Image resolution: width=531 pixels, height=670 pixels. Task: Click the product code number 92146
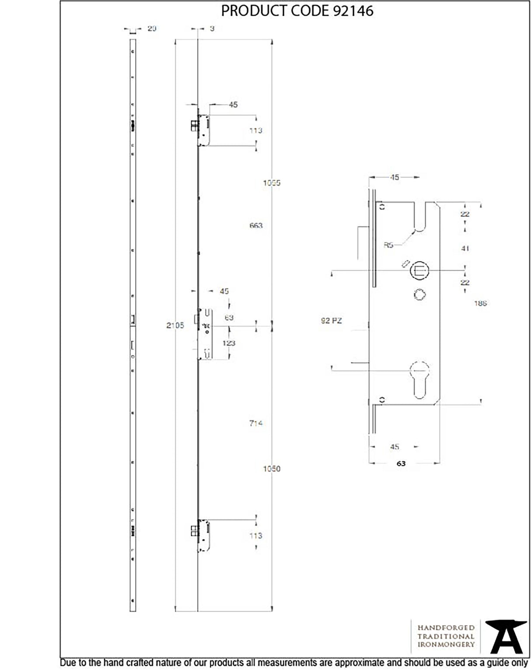click(353, 11)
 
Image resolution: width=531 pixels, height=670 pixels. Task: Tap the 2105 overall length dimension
click(175, 325)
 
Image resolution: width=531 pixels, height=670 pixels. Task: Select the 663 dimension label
click(256, 225)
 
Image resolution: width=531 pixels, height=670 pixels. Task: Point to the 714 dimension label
click(256, 423)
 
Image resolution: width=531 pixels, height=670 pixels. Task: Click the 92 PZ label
click(331, 321)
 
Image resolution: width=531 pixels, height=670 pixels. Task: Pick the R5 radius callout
click(388, 245)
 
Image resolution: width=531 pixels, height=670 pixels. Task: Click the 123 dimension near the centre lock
click(229, 343)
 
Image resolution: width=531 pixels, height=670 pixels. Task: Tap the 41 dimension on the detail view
click(465, 248)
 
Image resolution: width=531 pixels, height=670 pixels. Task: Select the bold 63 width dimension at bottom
click(401, 463)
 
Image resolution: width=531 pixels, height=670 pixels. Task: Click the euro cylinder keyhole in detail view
click(419, 379)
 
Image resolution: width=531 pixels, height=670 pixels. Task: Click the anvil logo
click(506, 636)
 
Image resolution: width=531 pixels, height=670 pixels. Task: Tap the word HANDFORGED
click(446, 628)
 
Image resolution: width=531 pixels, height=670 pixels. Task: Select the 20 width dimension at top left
click(152, 28)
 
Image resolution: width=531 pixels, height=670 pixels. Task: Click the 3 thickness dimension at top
click(212, 28)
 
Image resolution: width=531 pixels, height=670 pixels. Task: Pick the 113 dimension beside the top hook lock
click(256, 130)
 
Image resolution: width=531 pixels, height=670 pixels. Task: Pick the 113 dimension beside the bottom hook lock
click(256, 536)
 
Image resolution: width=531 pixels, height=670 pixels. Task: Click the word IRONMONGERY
click(446, 644)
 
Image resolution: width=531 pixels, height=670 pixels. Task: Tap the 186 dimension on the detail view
click(480, 303)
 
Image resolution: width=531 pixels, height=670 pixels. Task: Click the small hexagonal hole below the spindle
click(419, 295)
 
